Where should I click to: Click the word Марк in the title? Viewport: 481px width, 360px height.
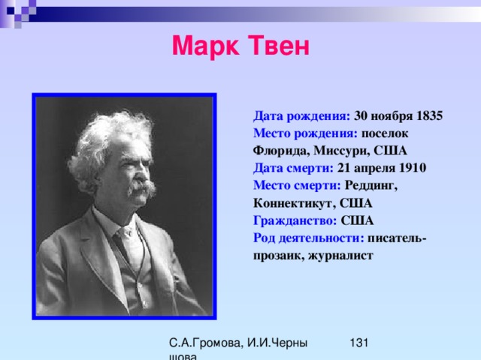point(205,46)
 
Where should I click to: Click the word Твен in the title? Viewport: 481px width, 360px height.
point(279,45)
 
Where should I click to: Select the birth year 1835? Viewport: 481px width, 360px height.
point(429,116)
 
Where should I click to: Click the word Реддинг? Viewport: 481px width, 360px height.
point(371,185)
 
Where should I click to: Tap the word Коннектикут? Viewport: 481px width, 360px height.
point(294,203)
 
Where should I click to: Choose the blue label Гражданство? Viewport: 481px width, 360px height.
point(295,220)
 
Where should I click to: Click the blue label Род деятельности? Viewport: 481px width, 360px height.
point(309,238)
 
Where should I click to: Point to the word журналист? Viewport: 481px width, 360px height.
point(340,256)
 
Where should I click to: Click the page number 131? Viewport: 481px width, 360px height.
point(359,343)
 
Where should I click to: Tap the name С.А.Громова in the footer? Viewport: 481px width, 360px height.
point(206,343)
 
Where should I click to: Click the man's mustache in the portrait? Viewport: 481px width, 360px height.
point(142,187)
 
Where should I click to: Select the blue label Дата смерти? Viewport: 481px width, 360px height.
point(293,168)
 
